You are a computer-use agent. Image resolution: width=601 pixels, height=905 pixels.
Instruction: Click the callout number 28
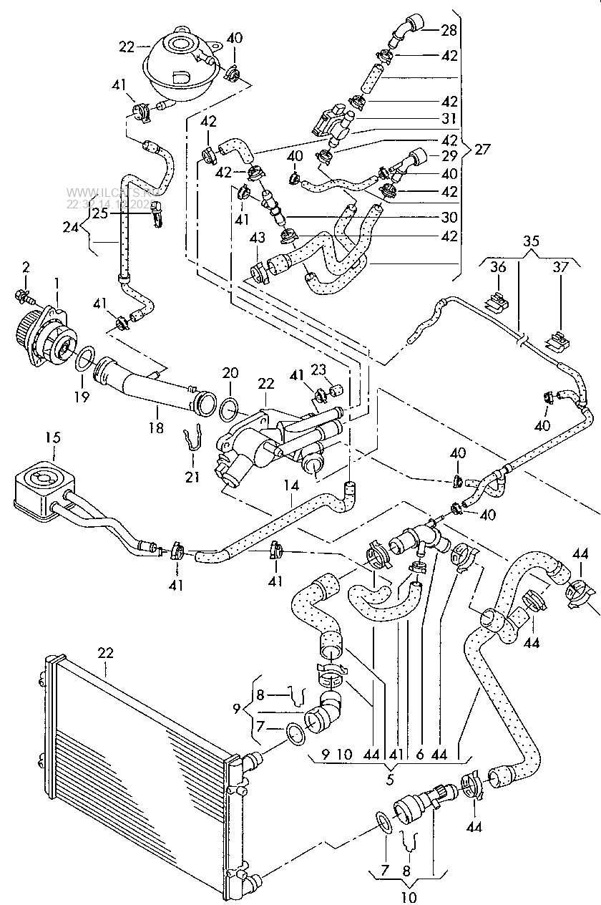point(449,30)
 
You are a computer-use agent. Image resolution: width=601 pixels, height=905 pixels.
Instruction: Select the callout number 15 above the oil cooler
point(34,436)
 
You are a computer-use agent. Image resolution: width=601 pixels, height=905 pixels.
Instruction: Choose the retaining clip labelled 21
point(190,444)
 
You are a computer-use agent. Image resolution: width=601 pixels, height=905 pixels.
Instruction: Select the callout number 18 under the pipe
point(156,428)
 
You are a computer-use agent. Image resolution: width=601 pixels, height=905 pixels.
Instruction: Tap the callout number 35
point(532,241)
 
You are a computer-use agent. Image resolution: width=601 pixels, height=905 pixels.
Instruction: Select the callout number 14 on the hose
point(290,485)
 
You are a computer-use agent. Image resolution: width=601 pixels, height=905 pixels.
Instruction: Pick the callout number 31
point(449,118)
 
